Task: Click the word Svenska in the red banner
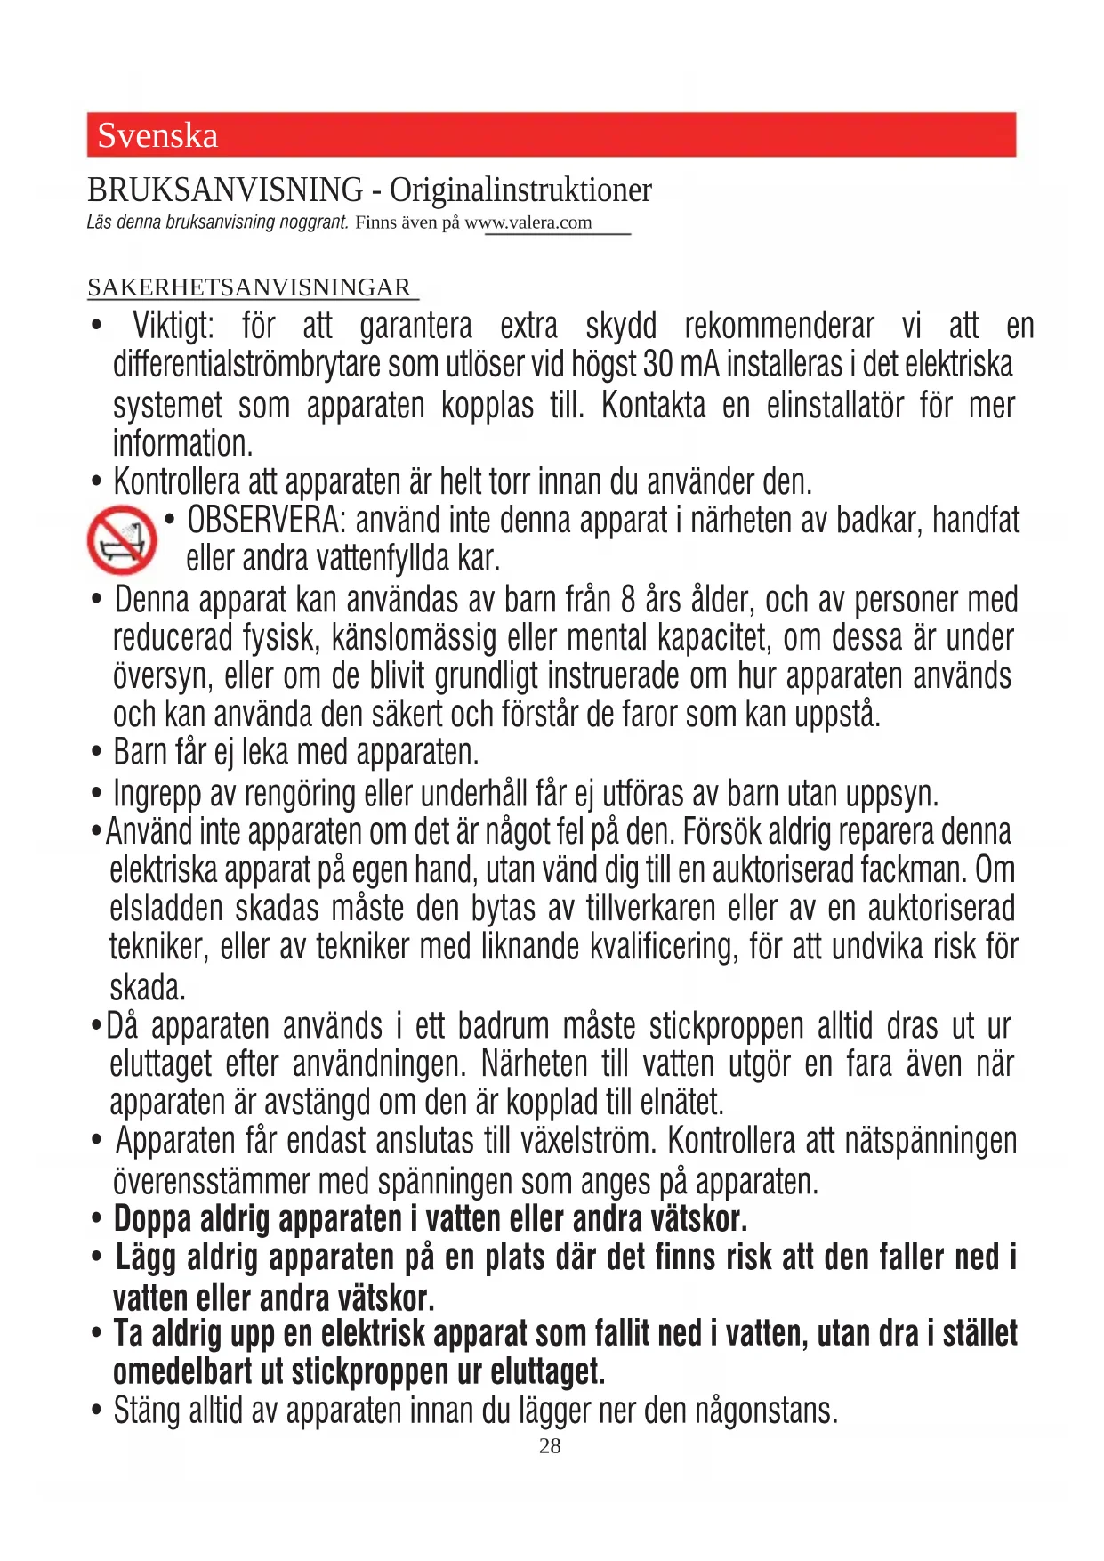coord(157,136)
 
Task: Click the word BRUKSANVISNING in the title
coord(225,190)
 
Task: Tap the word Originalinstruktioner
coord(520,190)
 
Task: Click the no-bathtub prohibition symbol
coord(122,539)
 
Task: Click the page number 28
coord(550,1446)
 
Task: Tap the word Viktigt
coord(173,327)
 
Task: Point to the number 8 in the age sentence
coord(628,601)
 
